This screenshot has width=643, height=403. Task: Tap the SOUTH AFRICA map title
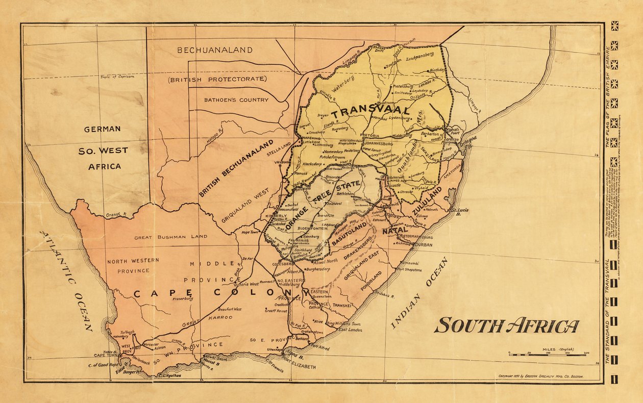[x=506, y=325]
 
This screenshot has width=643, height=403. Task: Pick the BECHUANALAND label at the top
[x=214, y=50]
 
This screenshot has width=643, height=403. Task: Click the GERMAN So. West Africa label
[x=104, y=147]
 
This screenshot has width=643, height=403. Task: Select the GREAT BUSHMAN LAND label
[x=170, y=237]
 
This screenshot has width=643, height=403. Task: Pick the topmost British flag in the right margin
[x=614, y=26]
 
